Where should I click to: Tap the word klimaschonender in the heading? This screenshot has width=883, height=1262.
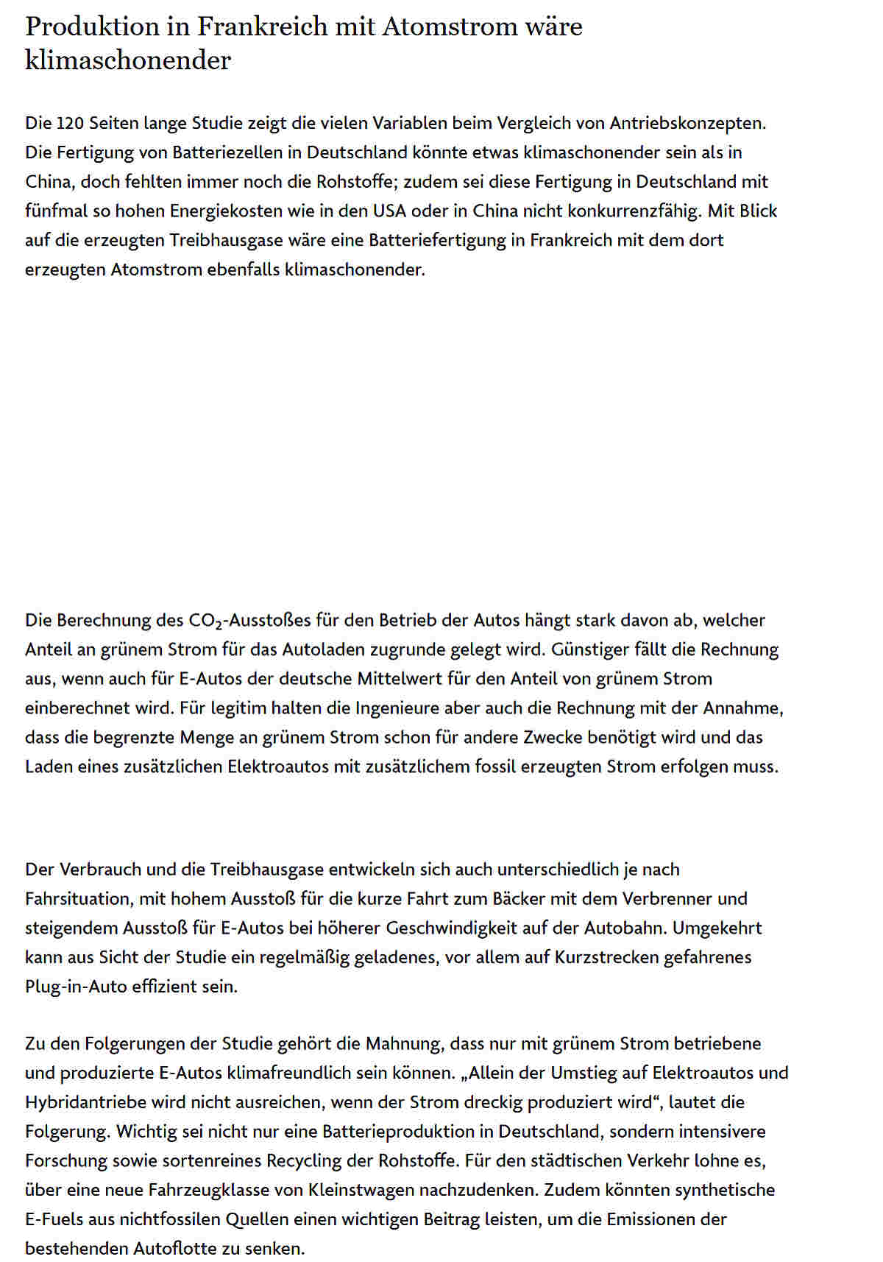click(x=128, y=60)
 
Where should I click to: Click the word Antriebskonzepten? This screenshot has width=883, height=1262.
click(x=688, y=123)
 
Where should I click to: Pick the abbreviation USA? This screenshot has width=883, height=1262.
click(x=389, y=211)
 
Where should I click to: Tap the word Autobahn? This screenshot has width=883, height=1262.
click(x=625, y=928)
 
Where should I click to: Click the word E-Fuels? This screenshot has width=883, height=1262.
click(x=54, y=1219)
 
